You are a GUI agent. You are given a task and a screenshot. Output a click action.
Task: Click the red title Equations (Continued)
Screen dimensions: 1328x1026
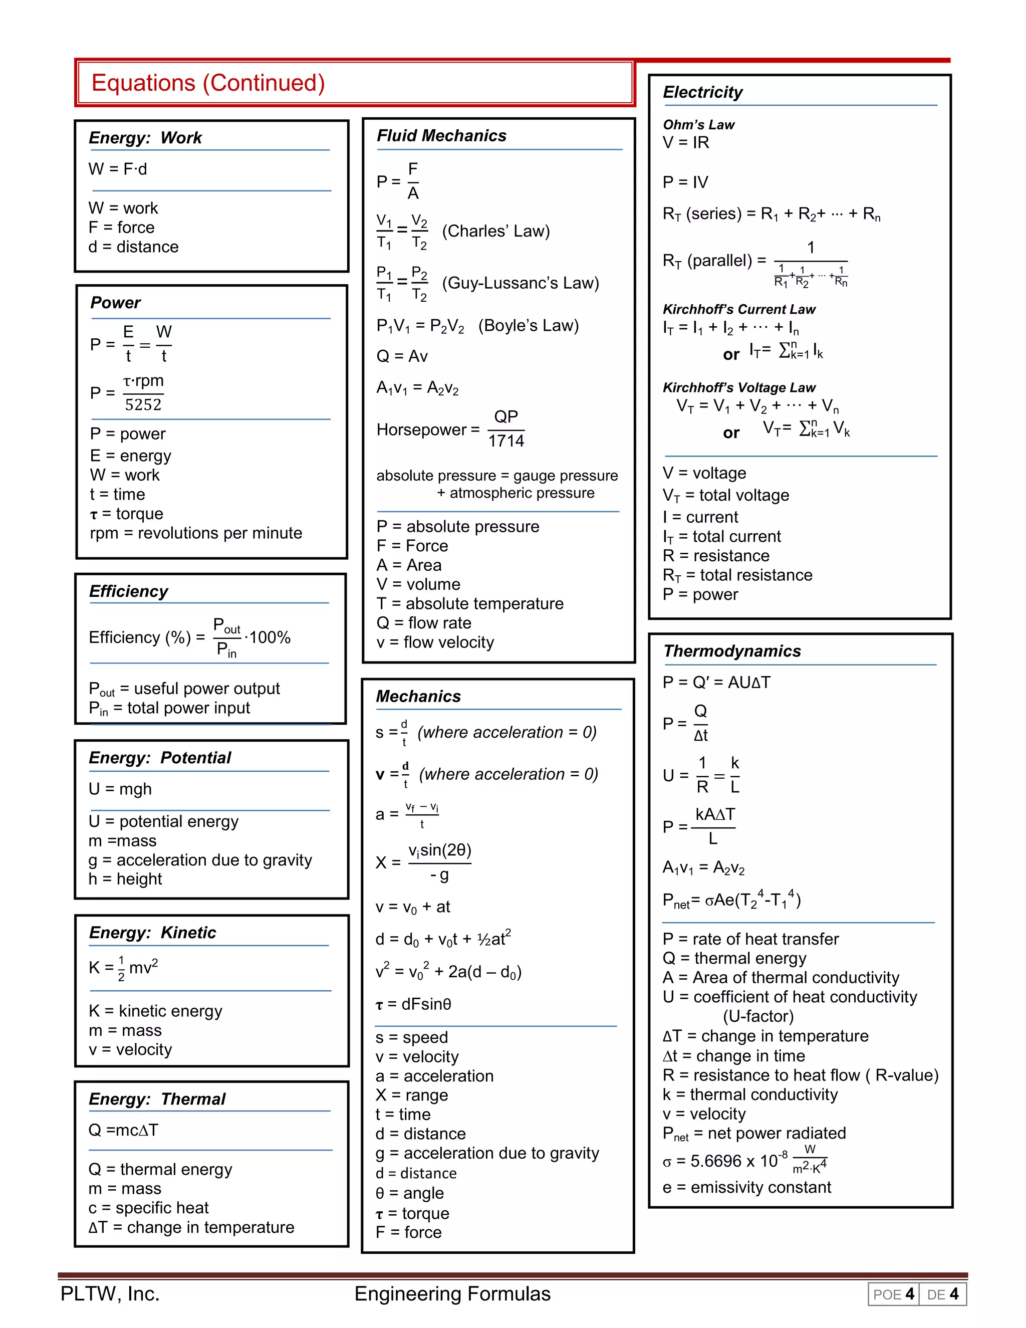(208, 83)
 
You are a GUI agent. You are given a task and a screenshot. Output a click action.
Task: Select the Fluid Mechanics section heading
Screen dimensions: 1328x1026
(441, 136)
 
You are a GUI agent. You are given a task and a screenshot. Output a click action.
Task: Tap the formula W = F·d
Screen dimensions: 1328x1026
(118, 169)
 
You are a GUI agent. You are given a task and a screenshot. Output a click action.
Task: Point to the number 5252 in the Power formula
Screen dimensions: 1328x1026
(143, 404)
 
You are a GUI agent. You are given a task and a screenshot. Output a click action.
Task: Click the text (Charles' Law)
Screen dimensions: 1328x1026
(495, 231)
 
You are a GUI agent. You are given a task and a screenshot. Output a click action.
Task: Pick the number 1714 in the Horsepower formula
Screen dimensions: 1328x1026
(505, 441)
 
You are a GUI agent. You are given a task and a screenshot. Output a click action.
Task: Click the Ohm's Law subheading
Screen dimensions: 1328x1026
(698, 125)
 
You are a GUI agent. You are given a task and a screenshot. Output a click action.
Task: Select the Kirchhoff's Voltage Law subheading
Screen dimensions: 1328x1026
(738, 387)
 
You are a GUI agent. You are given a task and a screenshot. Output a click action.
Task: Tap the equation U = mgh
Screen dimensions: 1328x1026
(120, 789)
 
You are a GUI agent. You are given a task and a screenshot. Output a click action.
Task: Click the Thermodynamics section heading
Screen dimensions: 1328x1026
(732, 650)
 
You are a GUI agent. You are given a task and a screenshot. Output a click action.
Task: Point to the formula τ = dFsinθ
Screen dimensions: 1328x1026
(413, 1004)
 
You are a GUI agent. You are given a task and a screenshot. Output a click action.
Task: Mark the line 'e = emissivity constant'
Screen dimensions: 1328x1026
(746, 1187)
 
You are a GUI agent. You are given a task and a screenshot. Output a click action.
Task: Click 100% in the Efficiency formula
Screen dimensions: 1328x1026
(270, 637)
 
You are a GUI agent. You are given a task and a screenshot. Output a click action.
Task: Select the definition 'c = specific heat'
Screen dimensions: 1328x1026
(148, 1208)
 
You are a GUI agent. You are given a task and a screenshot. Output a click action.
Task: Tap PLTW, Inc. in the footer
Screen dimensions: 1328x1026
(110, 1293)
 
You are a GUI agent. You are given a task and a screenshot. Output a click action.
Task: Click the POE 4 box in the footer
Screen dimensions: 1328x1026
(893, 1294)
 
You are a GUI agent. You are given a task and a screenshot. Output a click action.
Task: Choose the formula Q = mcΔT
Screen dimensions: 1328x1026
(123, 1130)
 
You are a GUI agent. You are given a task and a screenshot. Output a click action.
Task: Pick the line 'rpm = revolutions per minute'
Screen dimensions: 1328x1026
(196, 533)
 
